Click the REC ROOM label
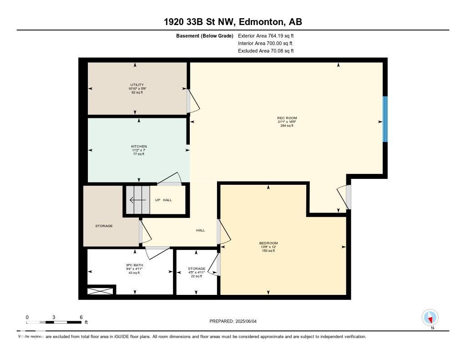tap(287, 118)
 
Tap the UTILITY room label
tap(137, 85)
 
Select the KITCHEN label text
tap(139, 147)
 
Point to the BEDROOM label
tap(268, 243)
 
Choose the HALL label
tap(200, 230)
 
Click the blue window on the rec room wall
tap(385, 119)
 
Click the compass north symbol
tap(430, 317)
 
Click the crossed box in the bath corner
tap(100, 290)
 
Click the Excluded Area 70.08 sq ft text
tap(266, 51)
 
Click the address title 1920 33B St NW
tap(233, 22)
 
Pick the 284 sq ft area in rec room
tap(287, 126)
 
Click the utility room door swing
tap(193, 101)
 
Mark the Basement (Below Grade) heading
tap(204, 35)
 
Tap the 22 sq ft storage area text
tap(197, 276)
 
